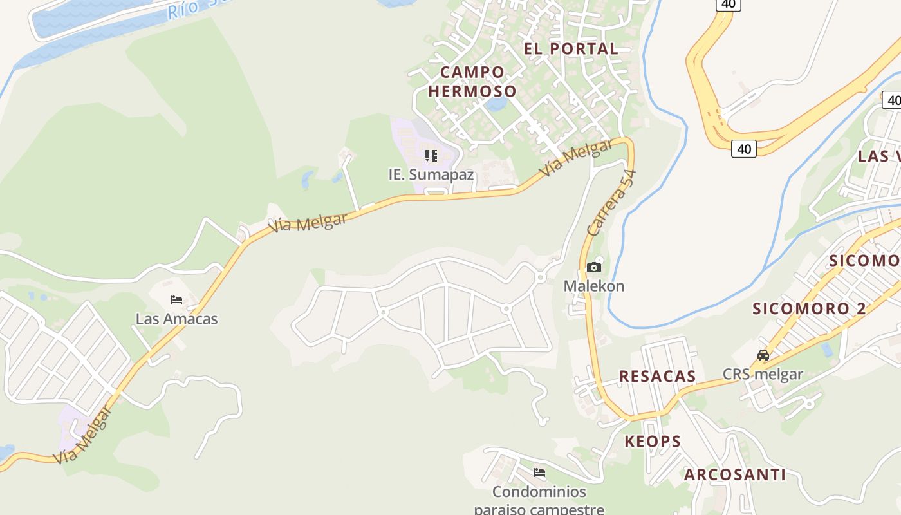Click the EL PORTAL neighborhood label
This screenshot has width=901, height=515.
[x=570, y=48]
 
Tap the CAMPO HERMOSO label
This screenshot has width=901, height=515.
[x=472, y=81]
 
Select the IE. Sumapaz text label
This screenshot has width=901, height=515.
[x=431, y=174]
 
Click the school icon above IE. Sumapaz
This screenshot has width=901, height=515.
[x=431, y=155]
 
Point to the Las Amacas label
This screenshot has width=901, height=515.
[x=176, y=319]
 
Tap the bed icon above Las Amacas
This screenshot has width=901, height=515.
[x=176, y=299]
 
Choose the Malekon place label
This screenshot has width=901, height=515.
[x=594, y=286]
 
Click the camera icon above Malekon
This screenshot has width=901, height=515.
[x=594, y=267]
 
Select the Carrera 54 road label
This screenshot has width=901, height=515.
[x=611, y=202]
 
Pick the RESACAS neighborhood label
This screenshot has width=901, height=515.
[x=657, y=377]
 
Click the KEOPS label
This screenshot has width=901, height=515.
[x=653, y=442]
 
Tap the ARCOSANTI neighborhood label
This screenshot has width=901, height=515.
[x=734, y=475]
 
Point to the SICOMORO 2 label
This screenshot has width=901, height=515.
[x=809, y=308]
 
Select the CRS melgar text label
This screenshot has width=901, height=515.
[x=763, y=374]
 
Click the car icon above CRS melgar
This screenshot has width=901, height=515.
[x=763, y=355]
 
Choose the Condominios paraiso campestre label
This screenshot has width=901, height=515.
[x=539, y=500]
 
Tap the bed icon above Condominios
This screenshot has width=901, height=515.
[x=539, y=473]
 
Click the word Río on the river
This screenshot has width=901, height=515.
[x=182, y=10]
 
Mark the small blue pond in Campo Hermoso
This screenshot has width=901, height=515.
[x=496, y=104]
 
